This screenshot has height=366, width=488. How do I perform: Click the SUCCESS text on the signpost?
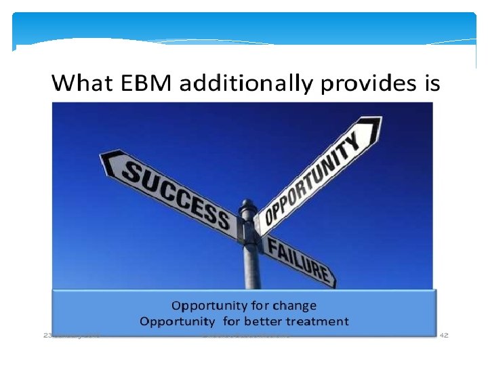[175, 191]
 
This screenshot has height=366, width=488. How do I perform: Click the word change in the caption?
[294, 306]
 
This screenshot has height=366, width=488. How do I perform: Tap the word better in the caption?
[265, 321]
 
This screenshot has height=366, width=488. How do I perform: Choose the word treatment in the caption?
[319, 321]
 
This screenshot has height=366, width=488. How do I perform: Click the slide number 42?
[445, 335]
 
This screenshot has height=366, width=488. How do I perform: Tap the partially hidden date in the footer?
[70, 335]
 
